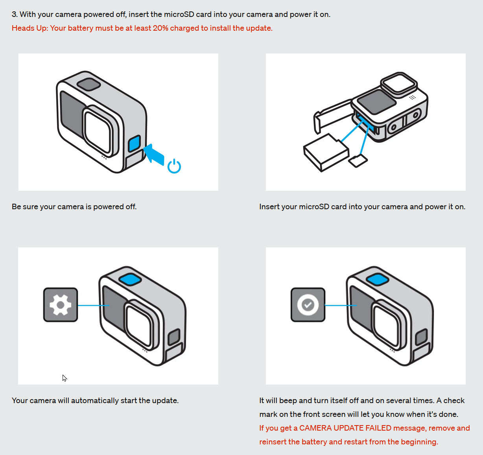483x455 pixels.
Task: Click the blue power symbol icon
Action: coord(174,166)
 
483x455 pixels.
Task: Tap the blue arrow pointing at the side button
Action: coord(154,155)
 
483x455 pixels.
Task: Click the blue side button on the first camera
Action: coord(135,143)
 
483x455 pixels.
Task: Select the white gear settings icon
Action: coord(61,305)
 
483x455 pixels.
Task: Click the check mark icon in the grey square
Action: coord(308,305)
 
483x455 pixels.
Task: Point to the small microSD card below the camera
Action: coord(358,160)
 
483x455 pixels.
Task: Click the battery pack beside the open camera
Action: coord(325,153)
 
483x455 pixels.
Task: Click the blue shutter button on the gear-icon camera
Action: coord(130,279)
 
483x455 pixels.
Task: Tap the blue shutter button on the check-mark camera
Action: coord(378,279)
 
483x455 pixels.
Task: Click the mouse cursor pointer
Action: coord(64,378)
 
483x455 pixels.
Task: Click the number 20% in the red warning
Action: coord(160,28)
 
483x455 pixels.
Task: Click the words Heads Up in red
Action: coord(29,28)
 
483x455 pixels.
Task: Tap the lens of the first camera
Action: coord(99,131)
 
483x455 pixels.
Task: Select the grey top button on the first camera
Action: coord(89,84)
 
